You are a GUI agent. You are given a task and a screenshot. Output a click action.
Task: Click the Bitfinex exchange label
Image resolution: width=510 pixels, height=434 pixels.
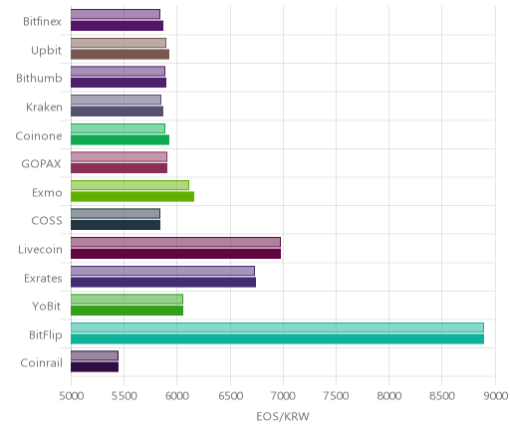(42, 22)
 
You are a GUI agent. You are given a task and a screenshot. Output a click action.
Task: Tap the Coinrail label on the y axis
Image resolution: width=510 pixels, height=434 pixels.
(41, 363)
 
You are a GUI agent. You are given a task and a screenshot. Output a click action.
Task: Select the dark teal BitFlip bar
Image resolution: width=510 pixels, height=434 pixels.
(277, 339)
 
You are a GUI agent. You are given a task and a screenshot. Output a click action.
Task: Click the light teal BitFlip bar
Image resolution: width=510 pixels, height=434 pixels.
(277, 327)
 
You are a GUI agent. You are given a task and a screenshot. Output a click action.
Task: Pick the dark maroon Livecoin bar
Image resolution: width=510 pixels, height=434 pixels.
(175, 254)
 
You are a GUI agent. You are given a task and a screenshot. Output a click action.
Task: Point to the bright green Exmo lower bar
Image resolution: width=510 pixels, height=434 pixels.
(132, 197)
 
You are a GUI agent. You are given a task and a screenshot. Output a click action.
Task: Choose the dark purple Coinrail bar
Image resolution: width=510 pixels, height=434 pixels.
(95, 367)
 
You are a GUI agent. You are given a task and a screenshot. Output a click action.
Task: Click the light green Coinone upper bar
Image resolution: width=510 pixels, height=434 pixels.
(118, 128)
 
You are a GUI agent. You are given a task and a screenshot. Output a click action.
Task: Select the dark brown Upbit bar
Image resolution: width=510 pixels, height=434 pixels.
(120, 55)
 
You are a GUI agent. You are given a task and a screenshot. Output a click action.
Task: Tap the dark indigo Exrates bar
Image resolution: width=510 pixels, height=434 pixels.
(163, 283)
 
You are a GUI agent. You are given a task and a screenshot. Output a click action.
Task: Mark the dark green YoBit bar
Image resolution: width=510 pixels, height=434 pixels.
(127, 311)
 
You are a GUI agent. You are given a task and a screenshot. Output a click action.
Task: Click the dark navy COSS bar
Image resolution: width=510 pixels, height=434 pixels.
(116, 225)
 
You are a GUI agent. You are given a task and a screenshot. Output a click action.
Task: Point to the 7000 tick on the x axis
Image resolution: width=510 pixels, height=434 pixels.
(283, 396)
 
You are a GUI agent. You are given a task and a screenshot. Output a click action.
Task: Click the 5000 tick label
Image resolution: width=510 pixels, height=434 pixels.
(72, 396)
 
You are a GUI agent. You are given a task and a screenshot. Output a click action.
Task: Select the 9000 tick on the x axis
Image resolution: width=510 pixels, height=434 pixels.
(496, 396)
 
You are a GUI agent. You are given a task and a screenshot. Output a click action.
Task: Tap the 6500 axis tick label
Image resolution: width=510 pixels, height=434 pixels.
(230, 396)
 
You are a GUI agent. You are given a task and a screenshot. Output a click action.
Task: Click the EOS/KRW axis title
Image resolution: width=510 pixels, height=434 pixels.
(283, 417)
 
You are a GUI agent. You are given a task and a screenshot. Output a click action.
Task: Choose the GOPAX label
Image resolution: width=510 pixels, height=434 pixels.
(41, 164)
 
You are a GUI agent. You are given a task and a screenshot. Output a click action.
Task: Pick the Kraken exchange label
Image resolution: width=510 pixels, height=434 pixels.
(44, 108)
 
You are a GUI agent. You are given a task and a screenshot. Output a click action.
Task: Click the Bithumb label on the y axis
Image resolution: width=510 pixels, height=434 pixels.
(39, 79)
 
